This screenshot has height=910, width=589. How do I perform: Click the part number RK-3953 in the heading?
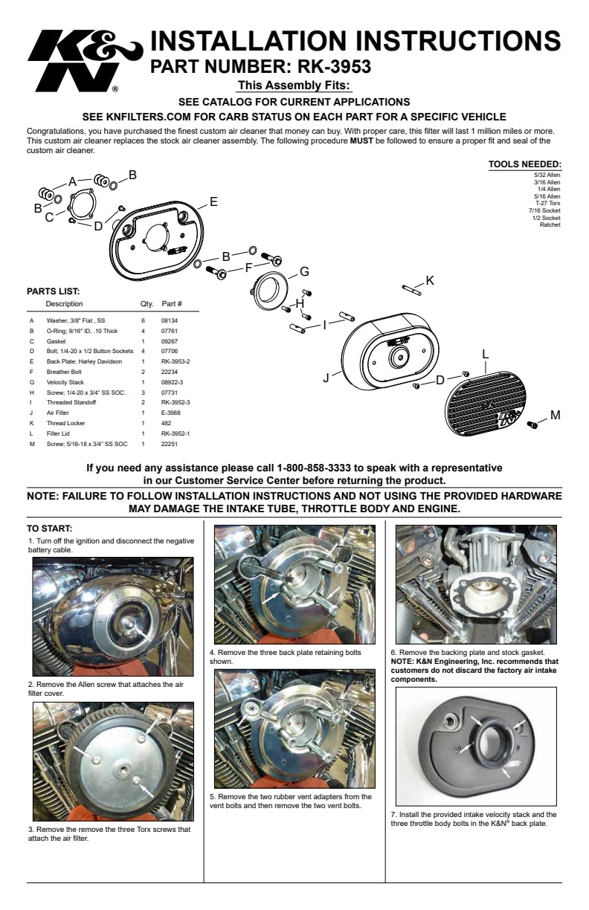click(x=328, y=68)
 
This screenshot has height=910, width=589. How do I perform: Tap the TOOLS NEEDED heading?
click(x=524, y=165)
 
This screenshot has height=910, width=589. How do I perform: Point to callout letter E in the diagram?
click(x=213, y=201)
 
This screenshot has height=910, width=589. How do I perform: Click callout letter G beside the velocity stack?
click(x=304, y=271)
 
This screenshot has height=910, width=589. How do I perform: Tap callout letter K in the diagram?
click(x=430, y=280)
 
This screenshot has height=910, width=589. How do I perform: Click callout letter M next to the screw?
click(x=555, y=414)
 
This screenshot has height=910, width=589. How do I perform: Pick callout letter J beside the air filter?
click(x=326, y=378)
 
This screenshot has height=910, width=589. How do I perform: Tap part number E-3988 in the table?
click(x=171, y=412)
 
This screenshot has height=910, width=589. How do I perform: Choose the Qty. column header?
click(x=147, y=304)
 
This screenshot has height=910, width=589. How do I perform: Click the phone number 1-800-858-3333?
click(x=318, y=468)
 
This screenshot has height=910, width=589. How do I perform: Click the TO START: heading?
click(x=49, y=529)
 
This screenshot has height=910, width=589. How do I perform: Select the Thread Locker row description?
click(x=65, y=422)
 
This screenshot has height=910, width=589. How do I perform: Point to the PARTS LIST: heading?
click(x=53, y=291)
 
